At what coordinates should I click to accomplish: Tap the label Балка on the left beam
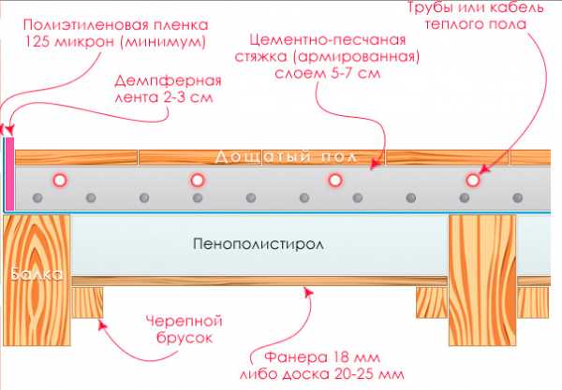[37, 276]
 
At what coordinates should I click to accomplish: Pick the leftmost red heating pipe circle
[59, 180]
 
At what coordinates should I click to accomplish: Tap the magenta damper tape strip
[9, 174]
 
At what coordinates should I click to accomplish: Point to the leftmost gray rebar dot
[37, 198]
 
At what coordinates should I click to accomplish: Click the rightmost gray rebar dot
[518, 198]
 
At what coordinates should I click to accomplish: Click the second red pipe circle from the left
[197, 180]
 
